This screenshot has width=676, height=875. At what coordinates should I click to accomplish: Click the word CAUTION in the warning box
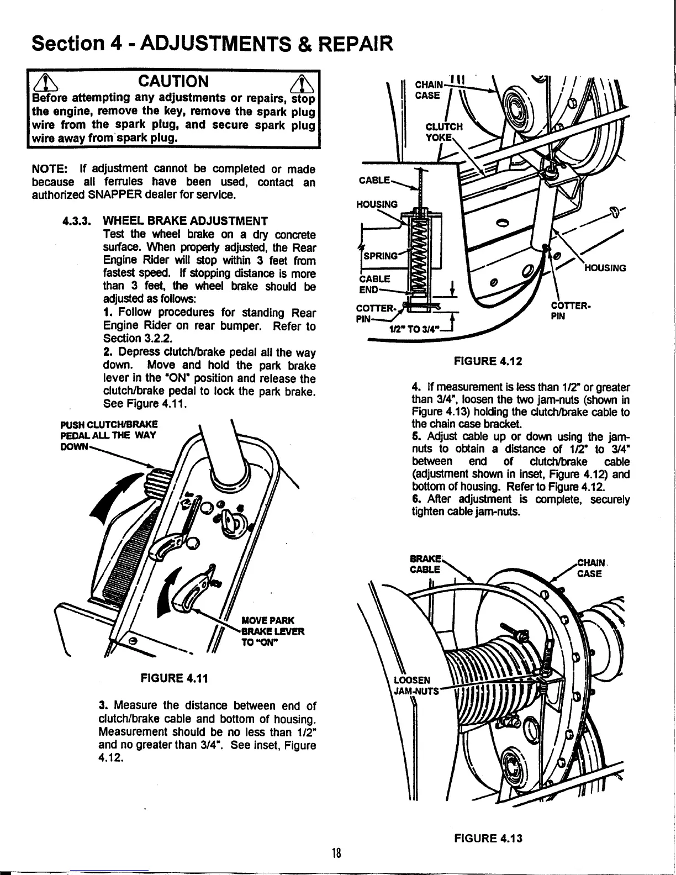click(173, 82)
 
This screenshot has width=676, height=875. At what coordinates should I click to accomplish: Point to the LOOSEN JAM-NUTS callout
click(415, 685)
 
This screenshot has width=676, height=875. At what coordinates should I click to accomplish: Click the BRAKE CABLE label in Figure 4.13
click(426, 564)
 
